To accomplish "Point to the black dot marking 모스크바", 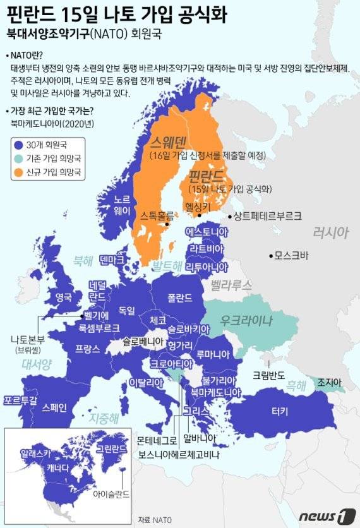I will (270, 256).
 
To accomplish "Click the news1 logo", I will (323, 515).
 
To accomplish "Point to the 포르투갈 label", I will (20, 400).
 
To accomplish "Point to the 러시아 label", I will (330, 232).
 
